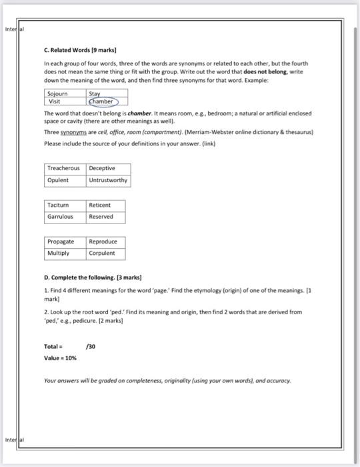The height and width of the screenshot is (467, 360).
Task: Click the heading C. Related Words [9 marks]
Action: (x=77, y=51)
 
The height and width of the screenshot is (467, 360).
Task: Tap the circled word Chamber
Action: (x=102, y=102)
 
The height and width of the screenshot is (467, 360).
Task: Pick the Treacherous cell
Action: (x=65, y=168)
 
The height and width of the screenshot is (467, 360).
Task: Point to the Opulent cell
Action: (x=59, y=180)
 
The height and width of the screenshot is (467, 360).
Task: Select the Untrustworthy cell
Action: (x=108, y=180)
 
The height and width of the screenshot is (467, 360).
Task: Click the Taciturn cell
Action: (x=59, y=205)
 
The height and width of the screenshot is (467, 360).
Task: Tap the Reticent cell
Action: (x=100, y=205)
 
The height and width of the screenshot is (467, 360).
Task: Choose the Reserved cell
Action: (x=101, y=217)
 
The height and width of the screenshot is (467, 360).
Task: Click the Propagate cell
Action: (x=61, y=242)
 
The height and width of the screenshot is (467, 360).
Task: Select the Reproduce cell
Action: (x=103, y=242)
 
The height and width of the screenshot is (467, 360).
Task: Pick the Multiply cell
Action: (x=58, y=254)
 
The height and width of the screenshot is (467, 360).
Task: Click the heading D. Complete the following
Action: (x=93, y=276)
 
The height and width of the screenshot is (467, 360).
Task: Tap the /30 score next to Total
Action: (x=91, y=346)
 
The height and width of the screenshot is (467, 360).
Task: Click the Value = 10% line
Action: (x=60, y=358)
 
